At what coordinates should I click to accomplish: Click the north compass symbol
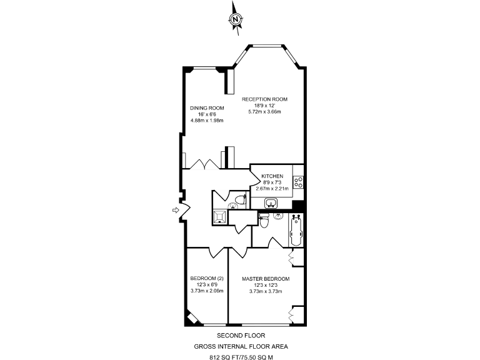click(x=236, y=19)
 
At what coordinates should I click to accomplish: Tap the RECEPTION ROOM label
click(x=264, y=99)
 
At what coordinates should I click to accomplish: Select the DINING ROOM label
click(x=207, y=108)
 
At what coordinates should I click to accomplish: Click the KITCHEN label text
click(x=272, y=176)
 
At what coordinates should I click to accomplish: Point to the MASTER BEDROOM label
click(x=266, y=279)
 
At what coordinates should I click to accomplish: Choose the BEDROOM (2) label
click(x=207, y=279)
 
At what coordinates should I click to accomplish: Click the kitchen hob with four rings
click(x=299, y=182)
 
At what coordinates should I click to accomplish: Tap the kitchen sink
click(x=271, y=202)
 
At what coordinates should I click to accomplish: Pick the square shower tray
click(x=220, y=216)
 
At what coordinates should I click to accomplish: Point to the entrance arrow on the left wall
click(x=176, y=211)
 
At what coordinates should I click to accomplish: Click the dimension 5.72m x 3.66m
click(x=265, y=112)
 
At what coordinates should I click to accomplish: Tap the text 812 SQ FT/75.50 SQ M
click(x=241, y=357)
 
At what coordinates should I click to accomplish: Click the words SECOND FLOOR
click(x=241, y=336)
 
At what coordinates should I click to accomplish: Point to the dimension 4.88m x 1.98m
click(x=207, y=121)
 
